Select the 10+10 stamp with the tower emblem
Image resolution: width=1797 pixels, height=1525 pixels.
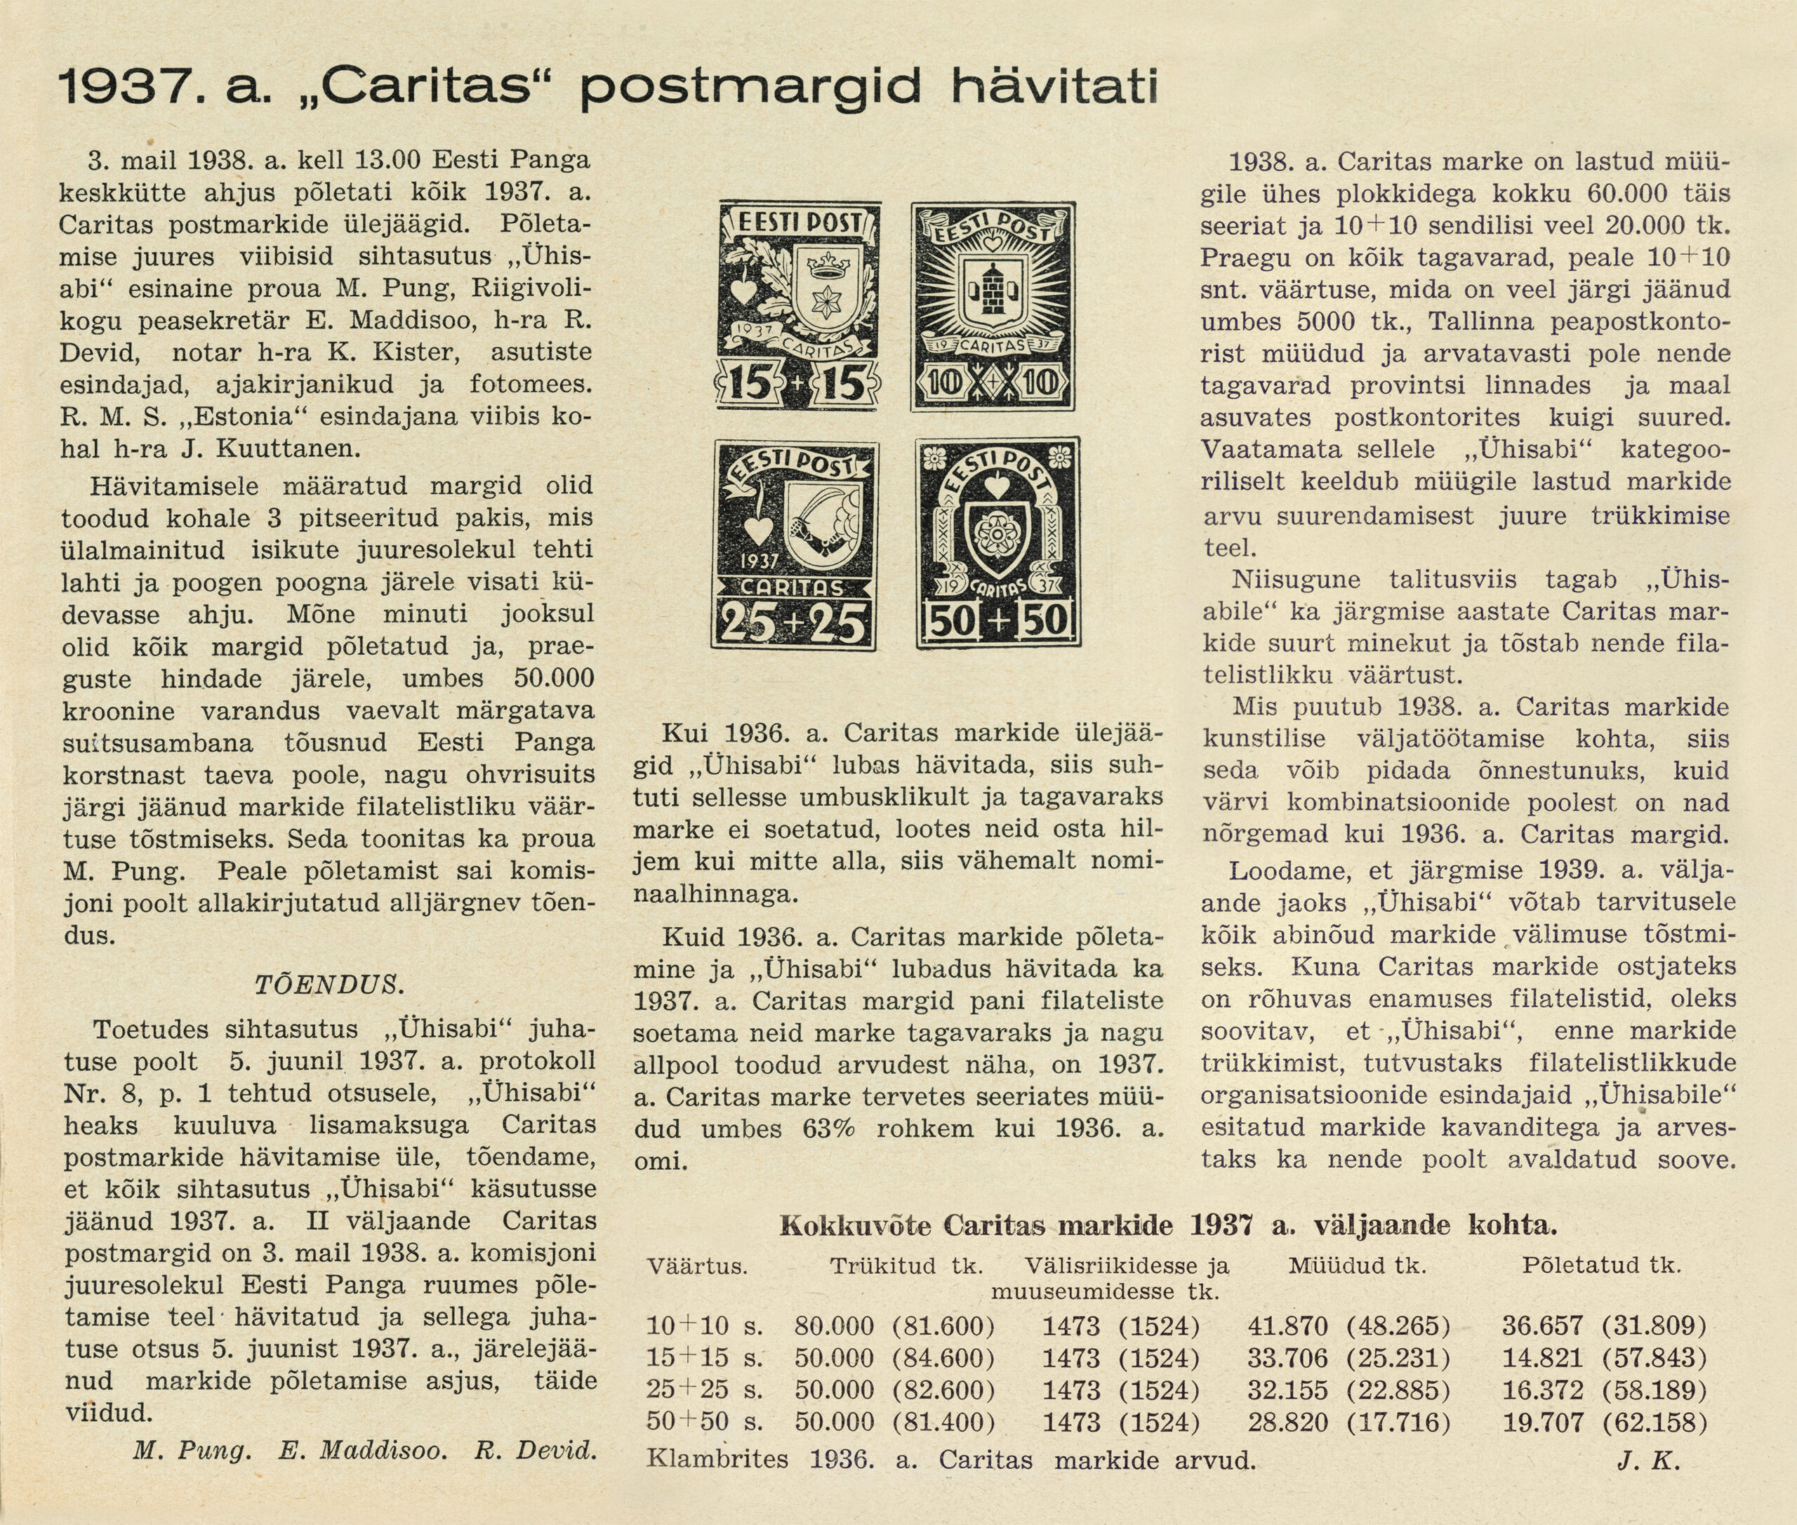[x=993, y=306]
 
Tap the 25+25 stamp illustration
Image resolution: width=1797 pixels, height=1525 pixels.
[x=795, y=545]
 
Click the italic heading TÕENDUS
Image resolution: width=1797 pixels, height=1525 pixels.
[x=329, y=985]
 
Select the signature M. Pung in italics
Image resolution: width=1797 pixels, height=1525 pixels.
[x=192, y=1450]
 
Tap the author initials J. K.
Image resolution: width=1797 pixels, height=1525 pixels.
[x=1647, y=1461]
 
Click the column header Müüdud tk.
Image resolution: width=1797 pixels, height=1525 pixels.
[x=1357, y=1265]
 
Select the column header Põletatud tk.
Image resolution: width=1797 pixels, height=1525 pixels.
[x=1602, y=1265]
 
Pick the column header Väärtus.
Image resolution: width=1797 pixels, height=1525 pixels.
[x=697, y=1267]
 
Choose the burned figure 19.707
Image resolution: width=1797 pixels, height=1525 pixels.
[x=1543, y=1422]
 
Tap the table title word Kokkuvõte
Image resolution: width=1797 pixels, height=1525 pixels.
[x=854, y=1225]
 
